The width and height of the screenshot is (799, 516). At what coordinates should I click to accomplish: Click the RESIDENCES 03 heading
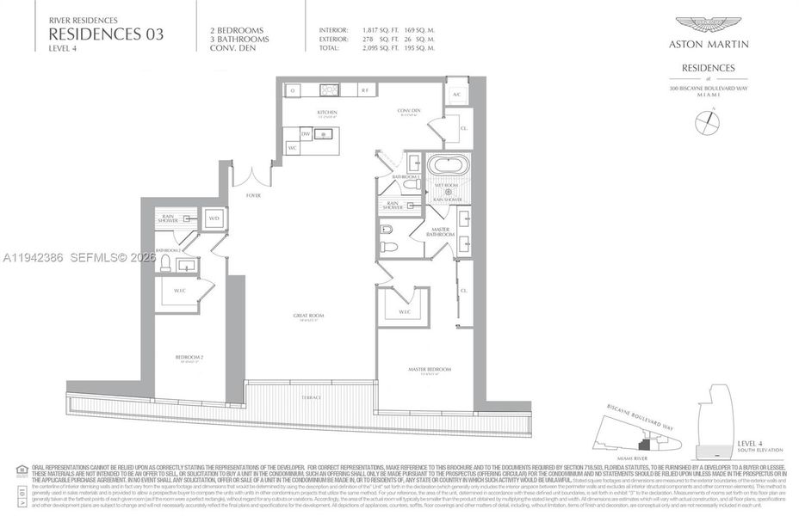click(x=106, y=34)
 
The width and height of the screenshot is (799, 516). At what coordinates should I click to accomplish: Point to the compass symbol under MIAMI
click(x=708, y=123)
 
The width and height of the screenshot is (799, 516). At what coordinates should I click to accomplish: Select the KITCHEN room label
click(x=326, y=112)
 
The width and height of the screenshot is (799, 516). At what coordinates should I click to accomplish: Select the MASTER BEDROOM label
click(x=428, y=369)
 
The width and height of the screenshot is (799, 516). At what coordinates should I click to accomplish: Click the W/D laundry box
click(x=214, y=218)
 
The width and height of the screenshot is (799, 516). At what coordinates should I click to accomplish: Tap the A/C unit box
click(x=458, y=94)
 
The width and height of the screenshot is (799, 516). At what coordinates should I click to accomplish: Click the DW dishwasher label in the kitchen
click(x=306, y=134)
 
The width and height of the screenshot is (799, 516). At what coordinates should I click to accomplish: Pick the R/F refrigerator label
click(x=364, y=89)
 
